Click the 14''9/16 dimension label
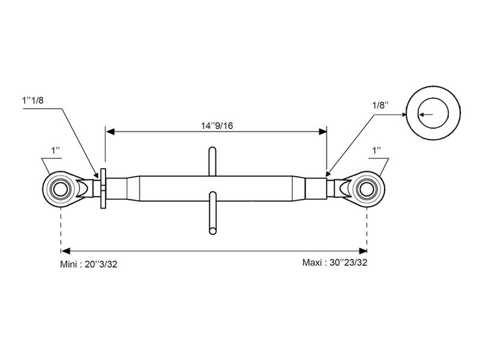coord(217,125)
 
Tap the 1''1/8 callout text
coord(33,100)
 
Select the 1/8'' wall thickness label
coord(380,105)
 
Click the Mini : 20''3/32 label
coord(88,264)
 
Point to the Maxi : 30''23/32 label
coord(335,263)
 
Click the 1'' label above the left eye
coord(55,151)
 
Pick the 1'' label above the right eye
coord(376,151)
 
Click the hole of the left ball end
coord(61,189)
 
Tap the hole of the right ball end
coord(367,189)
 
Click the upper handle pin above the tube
coord(212,161)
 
